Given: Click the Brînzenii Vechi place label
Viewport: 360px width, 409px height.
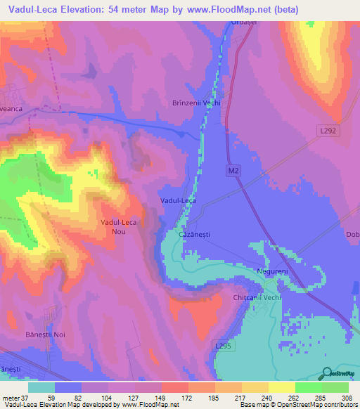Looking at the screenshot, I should point(197,102).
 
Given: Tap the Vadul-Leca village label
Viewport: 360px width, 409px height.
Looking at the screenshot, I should point(178,200).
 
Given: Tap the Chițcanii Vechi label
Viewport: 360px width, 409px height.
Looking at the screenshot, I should point(257,298).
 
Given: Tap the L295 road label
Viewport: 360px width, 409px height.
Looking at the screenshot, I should point(223,346).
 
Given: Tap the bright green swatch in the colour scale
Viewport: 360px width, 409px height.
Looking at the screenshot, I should point(308,387).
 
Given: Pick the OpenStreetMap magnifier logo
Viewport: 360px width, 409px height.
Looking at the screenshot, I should point(326,373).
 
